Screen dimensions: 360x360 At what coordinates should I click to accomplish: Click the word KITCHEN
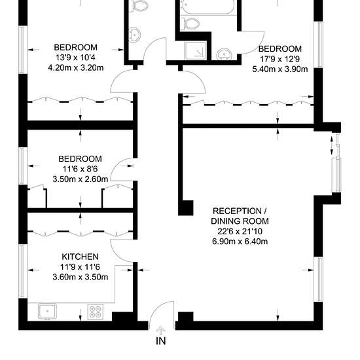[x=80, y=257]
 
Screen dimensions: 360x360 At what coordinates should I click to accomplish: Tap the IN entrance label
[x=161, y=341]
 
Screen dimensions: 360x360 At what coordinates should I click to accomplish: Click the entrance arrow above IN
[x=161, y=331]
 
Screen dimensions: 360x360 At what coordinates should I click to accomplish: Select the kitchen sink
[x=47, y=312]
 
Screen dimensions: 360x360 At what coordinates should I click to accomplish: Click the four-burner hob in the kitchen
[x=96, y=312]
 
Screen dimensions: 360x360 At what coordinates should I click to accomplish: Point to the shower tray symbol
[x=196, y=50]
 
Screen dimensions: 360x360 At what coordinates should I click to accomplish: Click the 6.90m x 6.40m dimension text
[x=240, y=242]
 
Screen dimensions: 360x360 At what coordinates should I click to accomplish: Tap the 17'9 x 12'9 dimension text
[x=280, y=59]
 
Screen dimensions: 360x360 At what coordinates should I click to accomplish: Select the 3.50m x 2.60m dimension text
[x=81, y=179]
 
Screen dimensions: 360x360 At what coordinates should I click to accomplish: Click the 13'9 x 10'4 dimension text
[x=75, y=58]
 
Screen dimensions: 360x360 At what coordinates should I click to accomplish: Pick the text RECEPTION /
[x=240, y=211]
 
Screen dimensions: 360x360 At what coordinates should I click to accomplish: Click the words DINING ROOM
[x=240, y=221]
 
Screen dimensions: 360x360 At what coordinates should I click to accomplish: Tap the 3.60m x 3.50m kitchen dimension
[x=81, y=277]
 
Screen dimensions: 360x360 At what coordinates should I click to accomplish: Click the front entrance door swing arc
[x=157, y=308]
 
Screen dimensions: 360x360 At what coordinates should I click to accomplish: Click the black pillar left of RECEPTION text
[x=186, y=208]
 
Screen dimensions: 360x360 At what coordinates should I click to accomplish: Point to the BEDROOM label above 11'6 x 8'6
[x=80, y=159]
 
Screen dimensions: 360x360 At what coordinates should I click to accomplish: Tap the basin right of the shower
[x=223, y=54]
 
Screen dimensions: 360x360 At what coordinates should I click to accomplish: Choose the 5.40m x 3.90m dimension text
[x=280, y=69]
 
